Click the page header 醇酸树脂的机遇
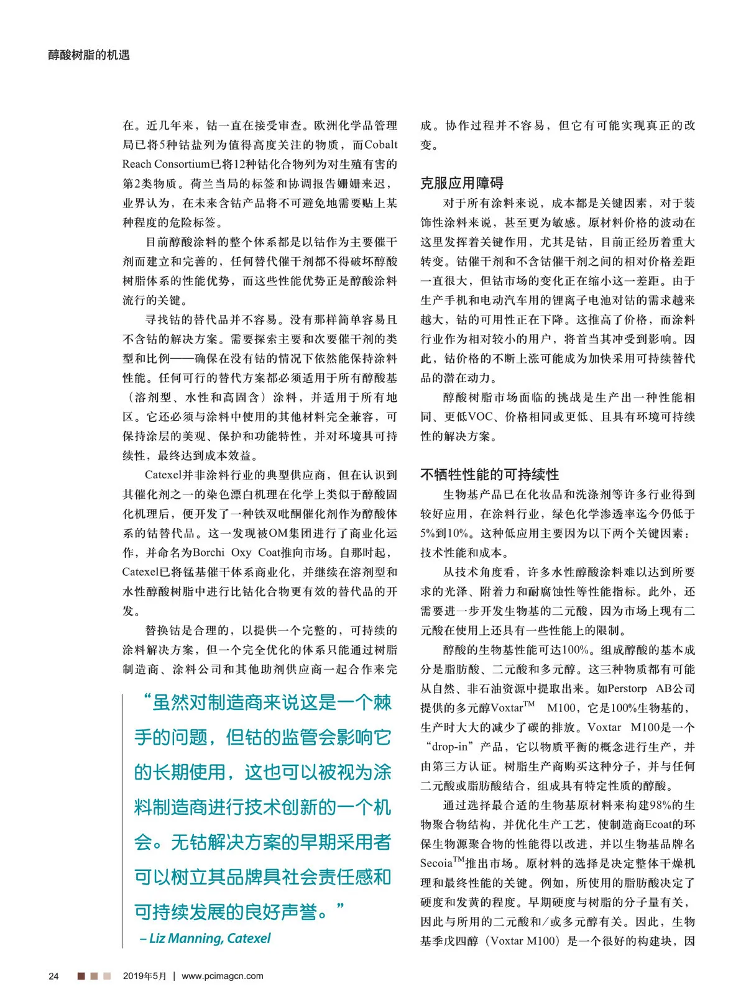point(89,55)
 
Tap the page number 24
point(53,976)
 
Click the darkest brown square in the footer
point(81,976)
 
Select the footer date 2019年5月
point(145,976)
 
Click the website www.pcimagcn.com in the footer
point(222,976)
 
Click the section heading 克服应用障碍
point(461,183)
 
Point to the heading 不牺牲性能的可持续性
point(489,475)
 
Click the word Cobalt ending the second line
point(380,145)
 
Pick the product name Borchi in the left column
point(209,552)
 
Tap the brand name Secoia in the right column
point(435,863)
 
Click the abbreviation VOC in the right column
point(481,417)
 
